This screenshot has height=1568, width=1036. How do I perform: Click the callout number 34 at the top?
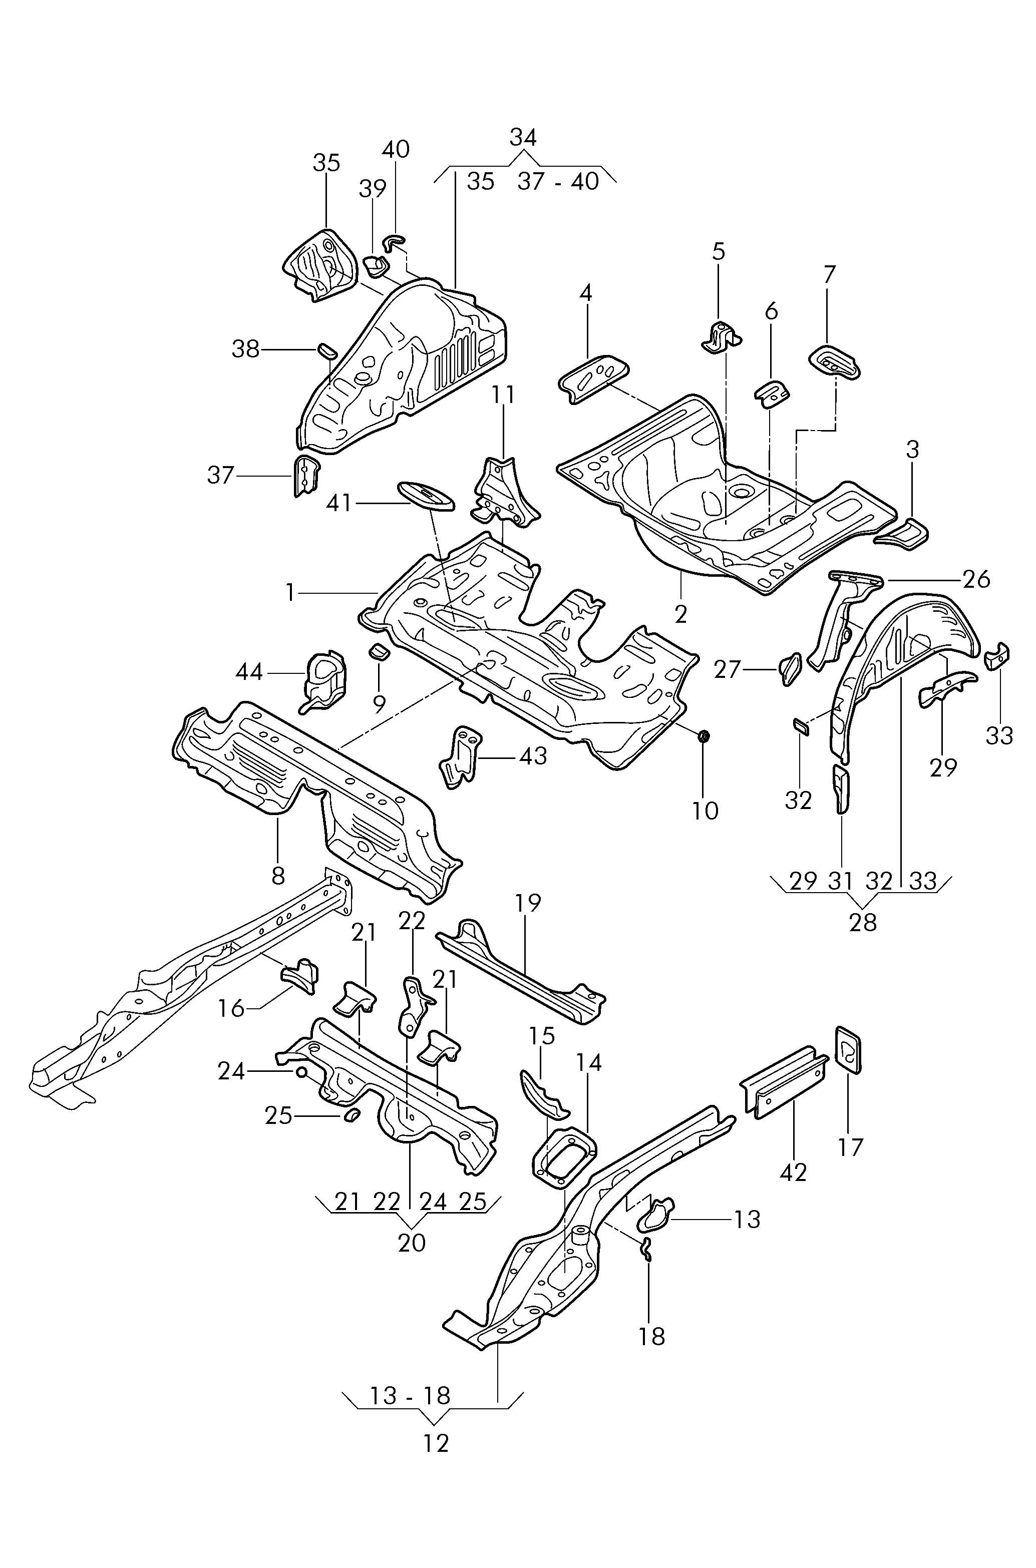coord(523,137)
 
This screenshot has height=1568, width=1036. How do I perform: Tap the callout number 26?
coord(976,579)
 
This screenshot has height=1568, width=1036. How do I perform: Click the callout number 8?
coord(278,876)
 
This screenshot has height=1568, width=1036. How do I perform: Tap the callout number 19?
coord(527,902)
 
